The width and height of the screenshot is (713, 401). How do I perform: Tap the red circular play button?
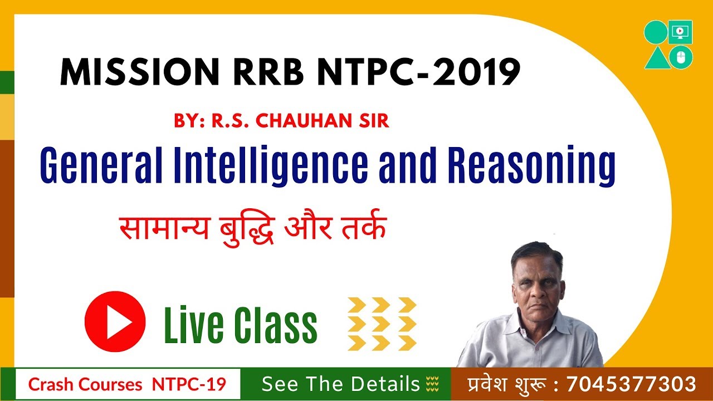[115, 321]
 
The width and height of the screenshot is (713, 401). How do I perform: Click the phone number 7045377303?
[631, 384]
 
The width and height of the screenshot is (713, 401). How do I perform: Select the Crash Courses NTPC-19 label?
[128, 384]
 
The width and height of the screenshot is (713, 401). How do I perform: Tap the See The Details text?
[340, 384]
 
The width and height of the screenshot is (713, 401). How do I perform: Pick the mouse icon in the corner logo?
[681, 56]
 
